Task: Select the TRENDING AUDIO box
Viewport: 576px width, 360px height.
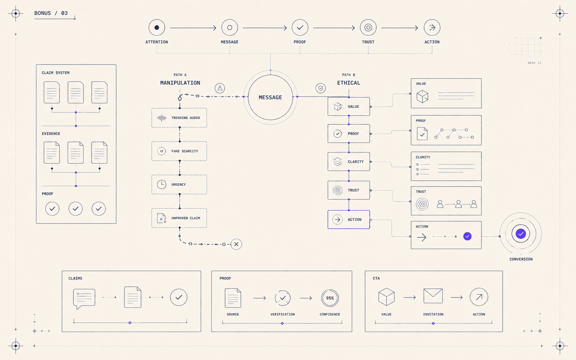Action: click(179, 118)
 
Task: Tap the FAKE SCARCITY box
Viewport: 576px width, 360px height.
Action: click(179, 151)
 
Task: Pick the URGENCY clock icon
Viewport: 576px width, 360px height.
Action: click(162, 184)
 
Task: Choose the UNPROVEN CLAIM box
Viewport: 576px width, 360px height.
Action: click(179, 218)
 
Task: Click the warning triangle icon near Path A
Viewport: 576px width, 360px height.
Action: click(220, 88)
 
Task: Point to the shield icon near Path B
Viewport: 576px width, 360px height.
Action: click(321, 88)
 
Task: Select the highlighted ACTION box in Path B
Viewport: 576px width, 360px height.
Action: click(349, 220)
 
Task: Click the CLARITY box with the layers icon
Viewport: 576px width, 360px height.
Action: click(349, 161)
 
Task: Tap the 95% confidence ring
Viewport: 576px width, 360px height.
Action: click(330, 290)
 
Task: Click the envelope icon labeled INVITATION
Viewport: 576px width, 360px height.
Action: click(433, 296)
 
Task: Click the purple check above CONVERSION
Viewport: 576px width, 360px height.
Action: click(521, 234)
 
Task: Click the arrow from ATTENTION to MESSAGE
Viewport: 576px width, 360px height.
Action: click(193, 28)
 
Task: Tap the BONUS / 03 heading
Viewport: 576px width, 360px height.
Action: click(51, 13)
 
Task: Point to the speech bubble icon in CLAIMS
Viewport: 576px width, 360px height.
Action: click(84, 299)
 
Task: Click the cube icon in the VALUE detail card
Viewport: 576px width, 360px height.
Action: click(422, 97)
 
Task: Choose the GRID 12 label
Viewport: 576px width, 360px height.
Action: click(534, 63)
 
